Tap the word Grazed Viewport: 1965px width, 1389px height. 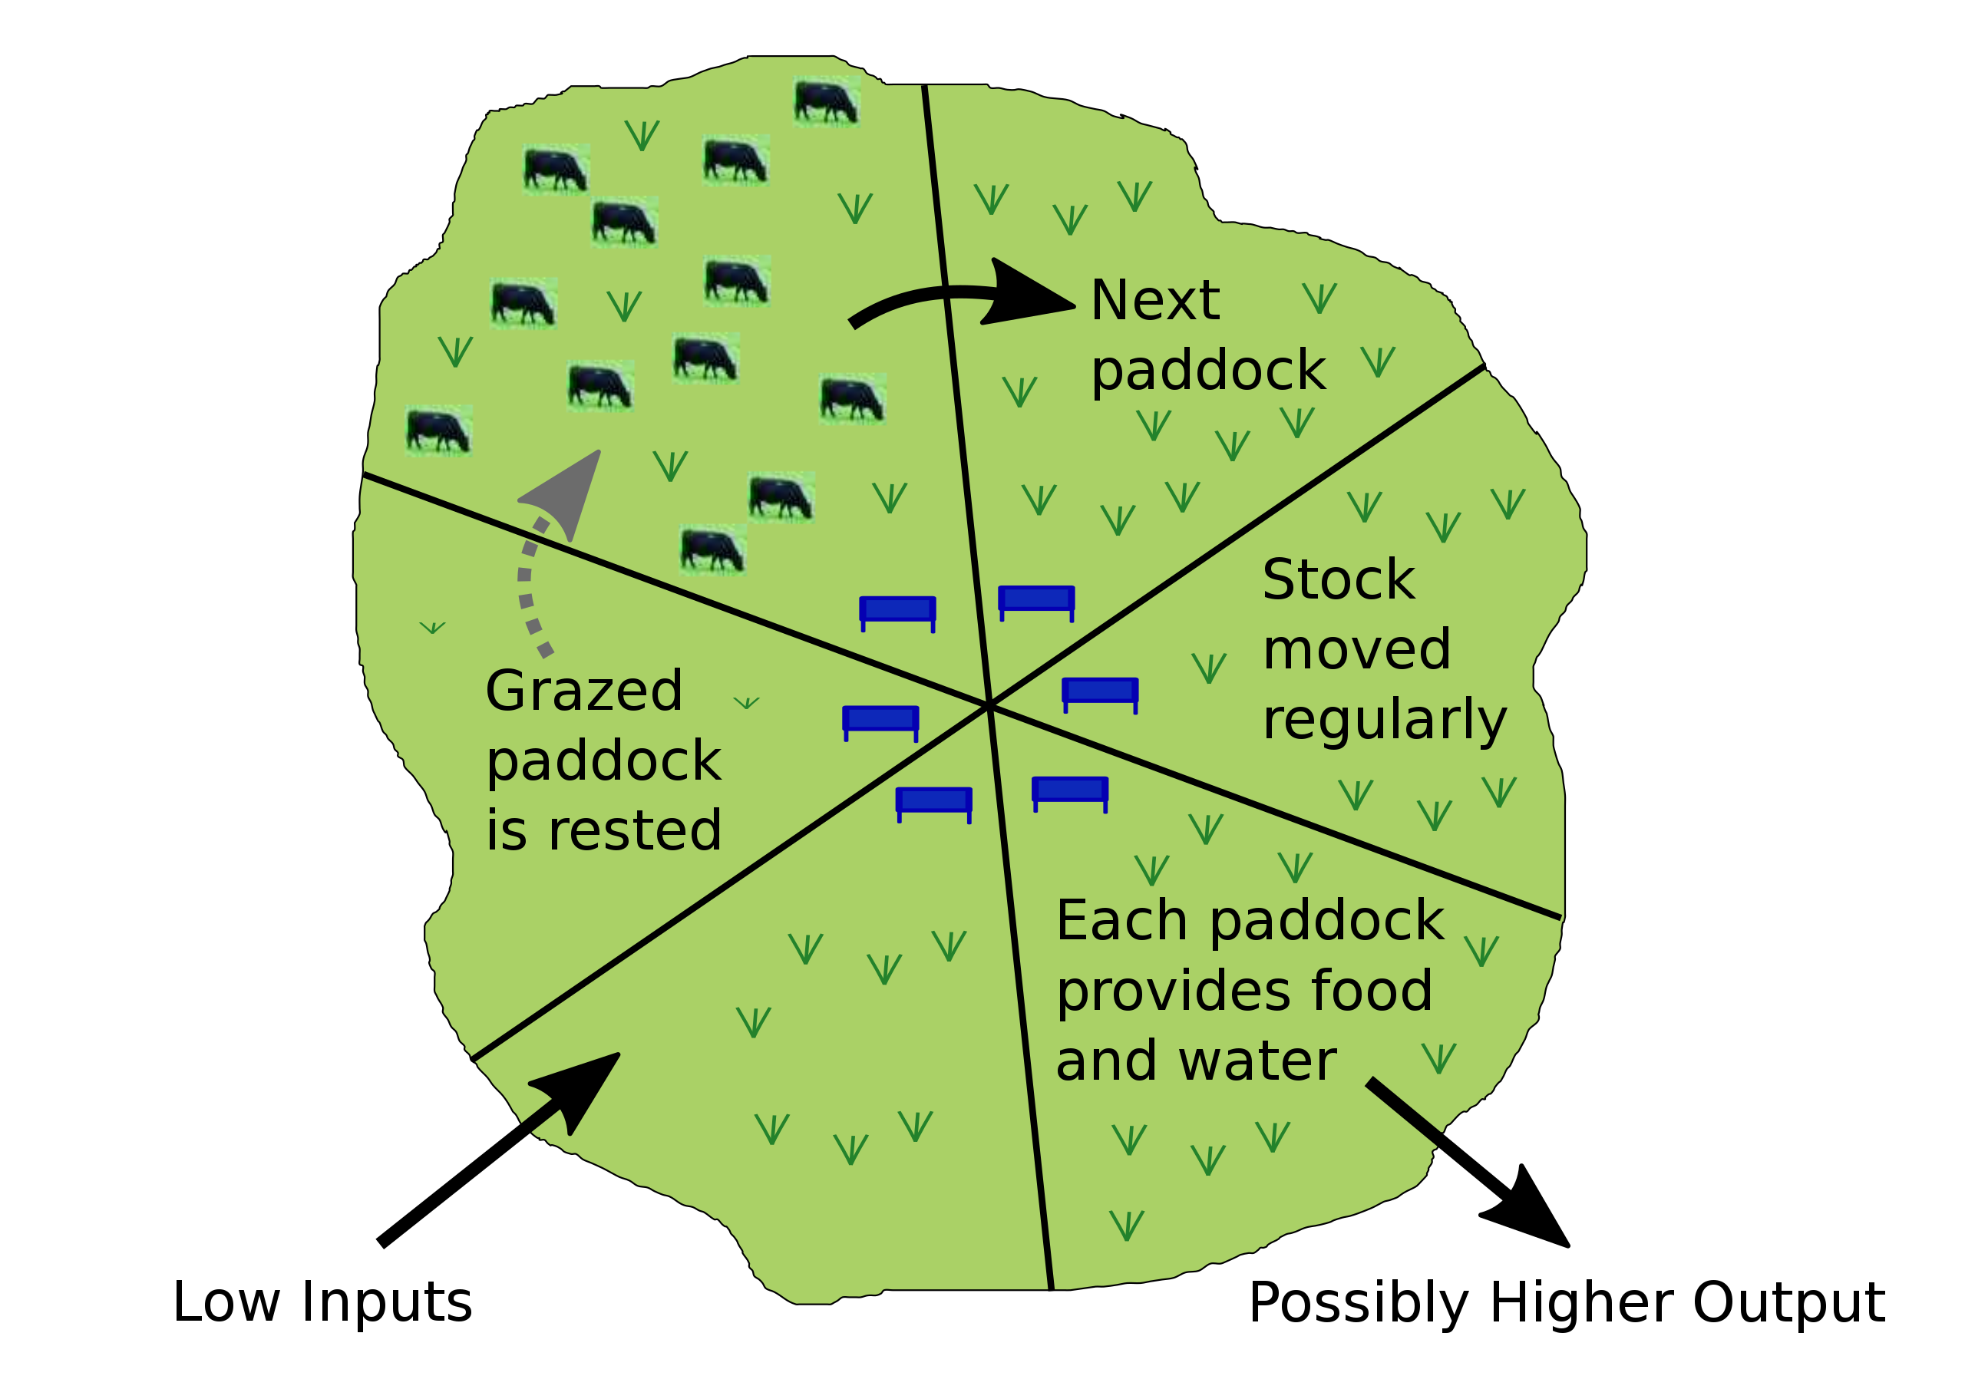click(583, 691)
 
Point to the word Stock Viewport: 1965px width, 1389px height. click(1339, 580)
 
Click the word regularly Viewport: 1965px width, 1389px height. click(1384, 721)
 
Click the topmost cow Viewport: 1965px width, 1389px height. click(825, 101)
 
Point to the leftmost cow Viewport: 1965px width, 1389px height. click(438, 431)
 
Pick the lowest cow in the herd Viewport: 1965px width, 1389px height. click(712, 549)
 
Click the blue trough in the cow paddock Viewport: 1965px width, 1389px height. click(897, 611)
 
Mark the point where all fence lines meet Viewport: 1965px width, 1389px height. click(989, 705)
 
